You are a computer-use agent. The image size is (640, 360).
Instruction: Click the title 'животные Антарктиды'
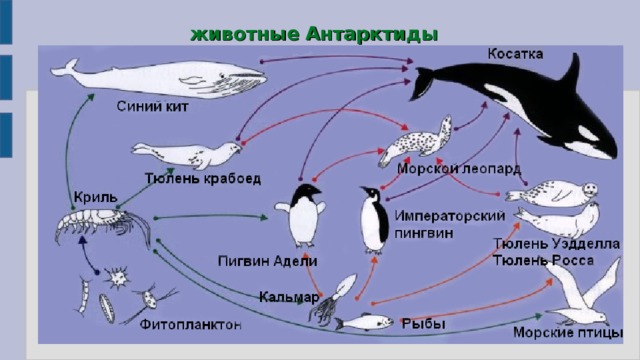[x=314, y=33]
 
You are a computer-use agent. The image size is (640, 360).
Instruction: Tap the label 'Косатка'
[x=518, y=52]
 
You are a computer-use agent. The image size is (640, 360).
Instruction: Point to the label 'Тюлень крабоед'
[x=203, y=179]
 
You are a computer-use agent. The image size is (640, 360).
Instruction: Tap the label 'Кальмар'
[x=288, y=297]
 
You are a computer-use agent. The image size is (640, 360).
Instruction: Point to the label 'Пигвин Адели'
[x=268, y=261]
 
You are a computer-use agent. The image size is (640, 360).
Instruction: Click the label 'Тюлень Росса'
[x=544, y=260]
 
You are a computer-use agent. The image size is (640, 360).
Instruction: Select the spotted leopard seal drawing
[x=416, y=141]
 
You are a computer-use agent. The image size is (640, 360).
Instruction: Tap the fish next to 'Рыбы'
[x=362, y=322]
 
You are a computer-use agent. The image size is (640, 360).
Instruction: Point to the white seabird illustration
[x=580, y=294]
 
